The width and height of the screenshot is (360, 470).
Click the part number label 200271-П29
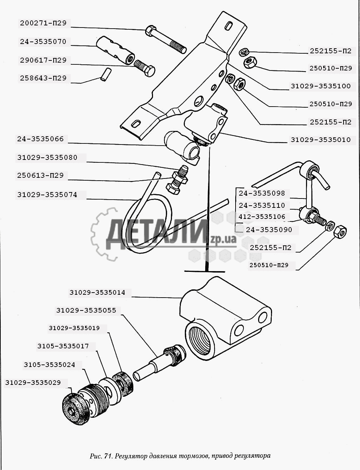point(43,23)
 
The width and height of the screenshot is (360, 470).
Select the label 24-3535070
point(43,42)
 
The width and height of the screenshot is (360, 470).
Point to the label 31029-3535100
point(321,86)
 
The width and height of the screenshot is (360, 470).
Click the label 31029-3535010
point(321,140)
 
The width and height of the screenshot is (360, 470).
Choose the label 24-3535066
point(40,139)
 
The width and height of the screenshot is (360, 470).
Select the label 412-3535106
point(262,217)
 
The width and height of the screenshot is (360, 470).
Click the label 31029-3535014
point(97,293)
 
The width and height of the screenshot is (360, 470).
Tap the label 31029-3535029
point(33,383)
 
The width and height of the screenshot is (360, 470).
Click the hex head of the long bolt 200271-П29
point(150,30)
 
